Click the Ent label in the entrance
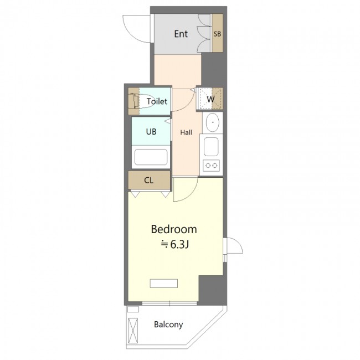coord(181,34)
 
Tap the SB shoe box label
coord(217,34)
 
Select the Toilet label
coord(157,101)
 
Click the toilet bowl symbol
coord(142,101)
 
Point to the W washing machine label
coord(210,99)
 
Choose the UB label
coord(151,132)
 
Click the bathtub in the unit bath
coord(151,157)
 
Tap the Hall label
coord(186,132)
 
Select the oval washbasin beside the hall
coord(213,122)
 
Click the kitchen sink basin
coord(211,147)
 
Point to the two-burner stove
coord(211,165)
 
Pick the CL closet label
coord(148,181)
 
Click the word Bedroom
coord(174,229)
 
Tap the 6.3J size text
coord(179,245)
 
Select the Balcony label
coord(168,325)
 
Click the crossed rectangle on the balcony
coord(133,331)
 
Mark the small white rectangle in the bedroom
coord(164,284)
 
